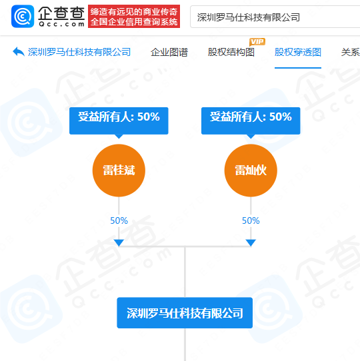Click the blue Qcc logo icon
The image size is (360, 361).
[23, 17]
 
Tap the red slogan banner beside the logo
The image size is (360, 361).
[134, 17]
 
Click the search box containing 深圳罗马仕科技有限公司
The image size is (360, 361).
[275, 17]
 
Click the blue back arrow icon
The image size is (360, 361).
[19, 51]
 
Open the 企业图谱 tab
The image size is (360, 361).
[169, 52]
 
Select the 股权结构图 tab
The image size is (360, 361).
[231, 52]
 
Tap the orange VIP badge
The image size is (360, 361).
[257, 42]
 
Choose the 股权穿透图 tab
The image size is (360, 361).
[298, 52]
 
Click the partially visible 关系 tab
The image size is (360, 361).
[350, 52]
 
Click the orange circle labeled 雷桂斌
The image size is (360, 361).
[119, 171]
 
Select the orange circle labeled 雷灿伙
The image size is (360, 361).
[251, 171]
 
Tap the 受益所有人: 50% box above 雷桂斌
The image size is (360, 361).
[119, 121]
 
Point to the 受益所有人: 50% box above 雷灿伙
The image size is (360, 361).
[251, 121]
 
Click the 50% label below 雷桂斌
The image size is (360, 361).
[119, 220]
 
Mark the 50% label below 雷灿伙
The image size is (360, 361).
[251, 220]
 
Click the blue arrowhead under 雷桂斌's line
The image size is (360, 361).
[119, 242]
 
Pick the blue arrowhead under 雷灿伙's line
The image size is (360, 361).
[251, 242]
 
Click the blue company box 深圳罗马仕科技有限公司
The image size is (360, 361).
[185, 312]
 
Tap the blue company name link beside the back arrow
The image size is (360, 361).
[79, 52]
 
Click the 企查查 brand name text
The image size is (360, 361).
[61, 13]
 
